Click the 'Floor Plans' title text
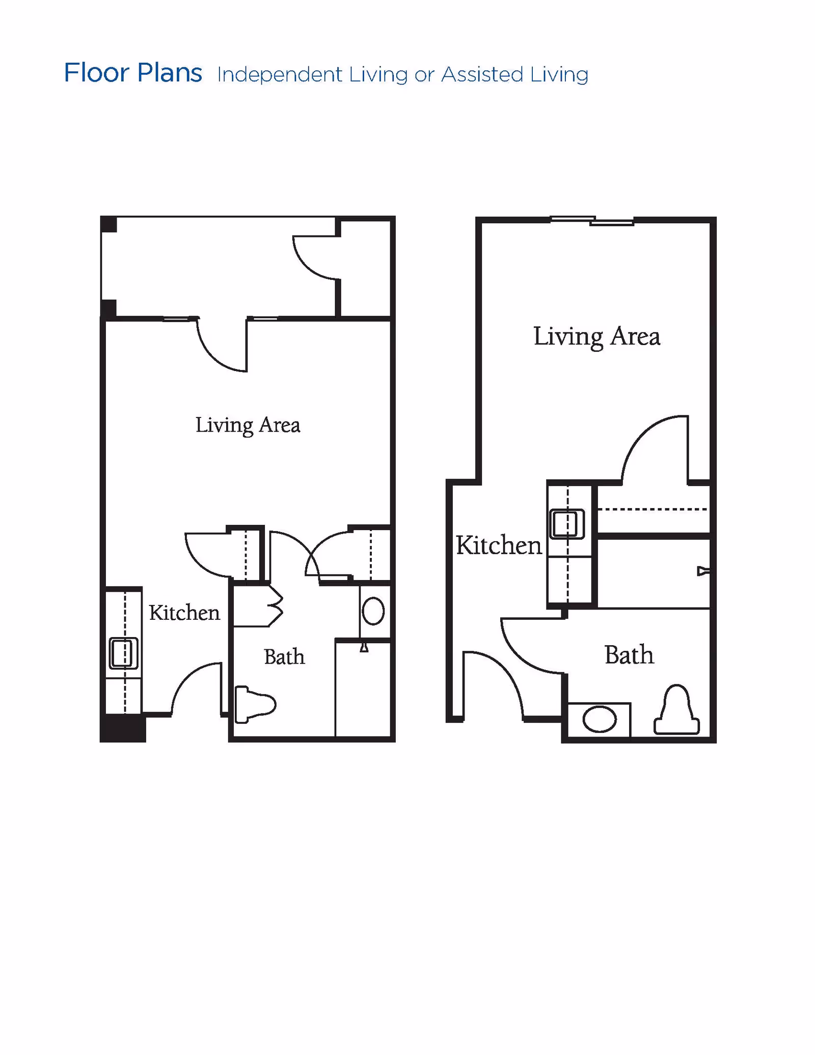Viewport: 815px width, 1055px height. (x=133, y=73)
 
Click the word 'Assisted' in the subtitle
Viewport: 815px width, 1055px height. (x=482, y=74)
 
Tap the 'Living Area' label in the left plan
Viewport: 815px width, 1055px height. (x=248, y=426)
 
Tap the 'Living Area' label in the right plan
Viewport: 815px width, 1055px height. (x=596, y=337)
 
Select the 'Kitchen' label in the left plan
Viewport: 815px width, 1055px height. (x=184, y=612)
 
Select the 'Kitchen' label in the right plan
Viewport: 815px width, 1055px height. (x=499, y=545)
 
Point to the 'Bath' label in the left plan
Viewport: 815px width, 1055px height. (x=284, y=656)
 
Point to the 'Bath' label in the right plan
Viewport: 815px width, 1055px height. (x=629, y=655)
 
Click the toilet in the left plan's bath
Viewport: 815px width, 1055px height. (x=255, y=705)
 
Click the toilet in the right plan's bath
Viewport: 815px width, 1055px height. (x=676, y=709)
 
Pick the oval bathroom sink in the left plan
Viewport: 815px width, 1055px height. (x=373, y=611)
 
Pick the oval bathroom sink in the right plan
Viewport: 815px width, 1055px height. (x=600, y=719)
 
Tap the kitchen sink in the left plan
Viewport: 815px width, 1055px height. (x=124, y=653)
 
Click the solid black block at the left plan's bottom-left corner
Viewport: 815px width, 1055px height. (x=123, y=728)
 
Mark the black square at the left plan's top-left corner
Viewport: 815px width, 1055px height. (x=108, y=224)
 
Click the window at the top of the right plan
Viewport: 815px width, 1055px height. (x=592, y=221)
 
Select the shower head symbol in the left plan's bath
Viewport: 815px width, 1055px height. (x=364, y=647)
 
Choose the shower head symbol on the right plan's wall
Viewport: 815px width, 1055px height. (x=703, y=571)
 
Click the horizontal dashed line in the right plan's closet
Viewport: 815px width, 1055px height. (x=652, y=509)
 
